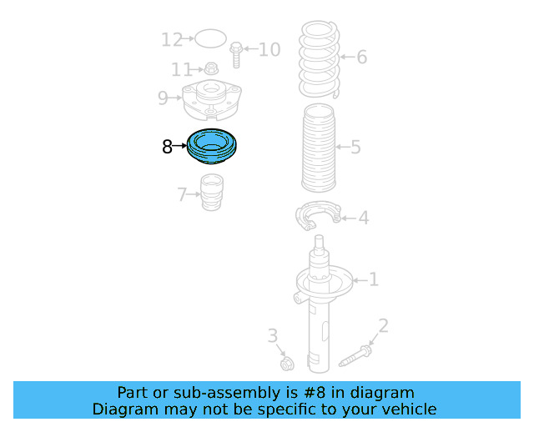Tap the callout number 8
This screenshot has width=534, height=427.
pos(167,148)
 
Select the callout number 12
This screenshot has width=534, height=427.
pos(172,39)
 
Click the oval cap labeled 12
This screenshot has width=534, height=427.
pos(211,38)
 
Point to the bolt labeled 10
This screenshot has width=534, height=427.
pos(236,54)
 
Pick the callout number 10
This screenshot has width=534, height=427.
pos(269,50)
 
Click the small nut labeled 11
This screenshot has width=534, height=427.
pos(212,69)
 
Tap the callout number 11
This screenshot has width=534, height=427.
pos(182,69)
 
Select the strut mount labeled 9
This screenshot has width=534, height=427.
pos(212,100)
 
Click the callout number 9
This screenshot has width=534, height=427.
pos(164,98)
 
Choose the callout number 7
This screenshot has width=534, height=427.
pos(182,195)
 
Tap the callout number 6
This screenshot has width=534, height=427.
pos(361,58)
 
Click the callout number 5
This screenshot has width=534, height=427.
pos(355,148)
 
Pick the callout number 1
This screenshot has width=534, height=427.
pos(373,279)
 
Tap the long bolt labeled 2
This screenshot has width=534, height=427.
pos(355,355)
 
